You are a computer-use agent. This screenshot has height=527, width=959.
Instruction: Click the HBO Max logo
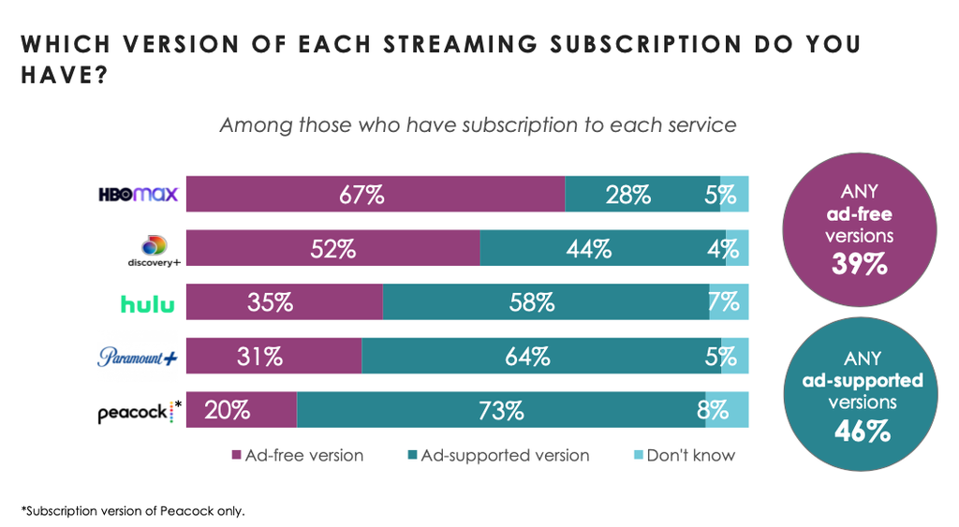139,195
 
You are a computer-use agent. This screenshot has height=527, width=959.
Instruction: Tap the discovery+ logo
153,251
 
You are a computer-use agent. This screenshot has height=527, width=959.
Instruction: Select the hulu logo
147,303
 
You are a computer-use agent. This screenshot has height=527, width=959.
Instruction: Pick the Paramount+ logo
139,357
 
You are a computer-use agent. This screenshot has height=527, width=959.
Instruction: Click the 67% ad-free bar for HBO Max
376,195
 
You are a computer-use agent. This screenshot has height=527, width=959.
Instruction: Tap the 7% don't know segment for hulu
729,302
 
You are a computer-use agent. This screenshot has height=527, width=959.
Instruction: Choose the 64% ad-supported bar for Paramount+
541,357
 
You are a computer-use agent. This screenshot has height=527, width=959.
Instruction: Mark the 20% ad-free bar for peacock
242,410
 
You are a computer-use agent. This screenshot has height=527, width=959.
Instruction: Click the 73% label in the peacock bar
501,410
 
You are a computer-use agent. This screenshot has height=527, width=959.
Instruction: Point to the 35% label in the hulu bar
271,302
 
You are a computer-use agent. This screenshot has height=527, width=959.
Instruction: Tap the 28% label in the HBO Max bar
627,195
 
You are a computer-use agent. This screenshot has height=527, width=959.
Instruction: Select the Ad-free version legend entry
297,456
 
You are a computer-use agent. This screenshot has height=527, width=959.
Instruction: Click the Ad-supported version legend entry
497,456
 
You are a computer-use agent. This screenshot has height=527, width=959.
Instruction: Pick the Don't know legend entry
684,456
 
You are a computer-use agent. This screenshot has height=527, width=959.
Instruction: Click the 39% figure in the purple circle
859,264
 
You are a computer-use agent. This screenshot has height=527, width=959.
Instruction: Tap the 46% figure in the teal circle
859,432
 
